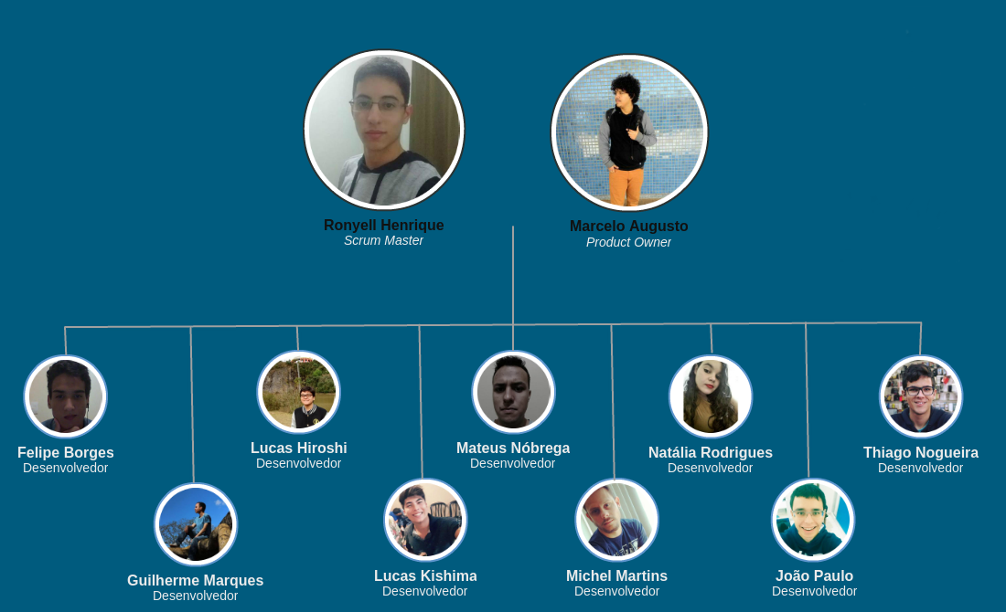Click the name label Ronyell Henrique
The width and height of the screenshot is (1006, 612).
click(383, 226)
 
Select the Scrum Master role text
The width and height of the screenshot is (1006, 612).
click(383, 241)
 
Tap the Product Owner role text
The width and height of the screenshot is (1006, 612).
click(628, 243)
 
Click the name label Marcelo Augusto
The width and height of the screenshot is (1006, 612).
click(628, 227)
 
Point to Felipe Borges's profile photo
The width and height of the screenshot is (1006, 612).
click(66, 396)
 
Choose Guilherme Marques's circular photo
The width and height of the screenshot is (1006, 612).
click(196, 524)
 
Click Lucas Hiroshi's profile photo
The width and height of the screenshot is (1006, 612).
click(299, 392)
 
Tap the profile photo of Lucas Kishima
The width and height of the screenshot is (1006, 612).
click(425, 520)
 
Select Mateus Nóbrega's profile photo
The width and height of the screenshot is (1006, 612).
click(513, 392)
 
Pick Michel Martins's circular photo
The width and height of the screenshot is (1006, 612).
click(617, 520)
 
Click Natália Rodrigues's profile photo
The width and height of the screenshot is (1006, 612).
click(711, 396)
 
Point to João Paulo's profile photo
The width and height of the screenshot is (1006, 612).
click(813, 520)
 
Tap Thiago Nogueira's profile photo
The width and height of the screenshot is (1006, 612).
click(921, 396)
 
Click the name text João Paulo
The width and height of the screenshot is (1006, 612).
click(814, 576)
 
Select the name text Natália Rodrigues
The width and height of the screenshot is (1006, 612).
click(710, 453)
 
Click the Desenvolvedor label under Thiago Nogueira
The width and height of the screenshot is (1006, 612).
click(920, 469)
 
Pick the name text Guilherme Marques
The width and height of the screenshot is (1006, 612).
click(195, 581)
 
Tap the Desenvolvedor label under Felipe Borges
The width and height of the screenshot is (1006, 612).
click(65, 469)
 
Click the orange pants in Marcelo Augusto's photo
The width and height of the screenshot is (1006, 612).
click(626, 185)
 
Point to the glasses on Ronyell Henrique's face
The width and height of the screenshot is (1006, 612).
click(379, 106)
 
